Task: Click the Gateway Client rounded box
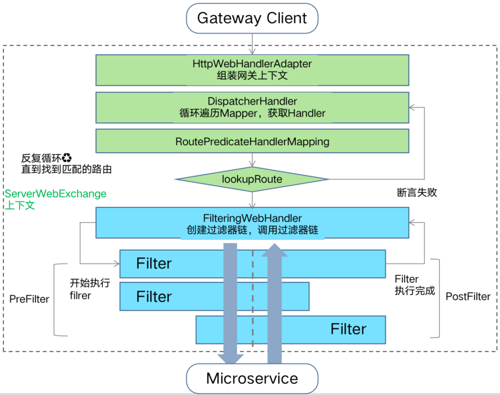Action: (252, 18)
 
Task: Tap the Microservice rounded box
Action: (252, 379)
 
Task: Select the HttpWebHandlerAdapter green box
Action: (252, 69)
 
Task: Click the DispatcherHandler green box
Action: (252, 107)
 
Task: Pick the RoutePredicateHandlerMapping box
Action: (252, 141)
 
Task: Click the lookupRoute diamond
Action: (252, 179)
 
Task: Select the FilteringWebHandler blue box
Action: (252, 223)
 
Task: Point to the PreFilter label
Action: (29, 299)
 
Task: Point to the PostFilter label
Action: (468, 297)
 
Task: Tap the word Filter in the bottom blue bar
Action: (348, 329)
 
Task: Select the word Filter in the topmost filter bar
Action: (154, 264)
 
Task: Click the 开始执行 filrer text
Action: (88, 289)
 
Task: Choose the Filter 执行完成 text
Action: (414, 285)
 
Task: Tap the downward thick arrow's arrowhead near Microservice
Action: (231, 359)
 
